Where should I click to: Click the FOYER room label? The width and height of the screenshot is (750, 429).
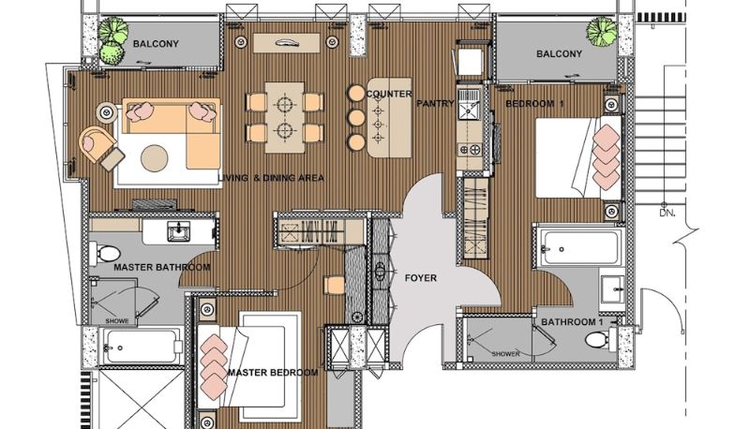(420, 277)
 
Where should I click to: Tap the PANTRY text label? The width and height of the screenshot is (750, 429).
(435, 103)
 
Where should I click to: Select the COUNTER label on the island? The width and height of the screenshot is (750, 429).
(389, 94)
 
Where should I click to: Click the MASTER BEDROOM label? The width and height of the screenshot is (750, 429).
(273, 372)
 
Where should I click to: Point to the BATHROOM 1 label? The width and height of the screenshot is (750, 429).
(572, 322)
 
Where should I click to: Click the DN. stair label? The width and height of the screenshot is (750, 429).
(667, 213)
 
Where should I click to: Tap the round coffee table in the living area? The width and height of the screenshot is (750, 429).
(154, 158)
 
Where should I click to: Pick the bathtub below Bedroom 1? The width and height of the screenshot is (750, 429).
(580, 247)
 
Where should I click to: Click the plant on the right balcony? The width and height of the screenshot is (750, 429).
(601, 31)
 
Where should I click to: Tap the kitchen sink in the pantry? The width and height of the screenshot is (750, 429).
(467, 111)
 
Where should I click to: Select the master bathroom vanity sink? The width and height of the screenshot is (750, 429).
(178, 231)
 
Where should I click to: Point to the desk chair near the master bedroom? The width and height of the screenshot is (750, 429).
(335, 285)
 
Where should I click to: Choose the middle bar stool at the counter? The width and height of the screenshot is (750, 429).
(356, 117)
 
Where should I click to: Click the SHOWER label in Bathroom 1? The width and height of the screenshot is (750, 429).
(505, 354)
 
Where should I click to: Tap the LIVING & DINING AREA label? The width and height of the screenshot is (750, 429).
(271, 178)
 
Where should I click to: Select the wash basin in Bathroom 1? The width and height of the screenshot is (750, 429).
(613, 288)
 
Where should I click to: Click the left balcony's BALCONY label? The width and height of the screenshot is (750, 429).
(156, 43)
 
